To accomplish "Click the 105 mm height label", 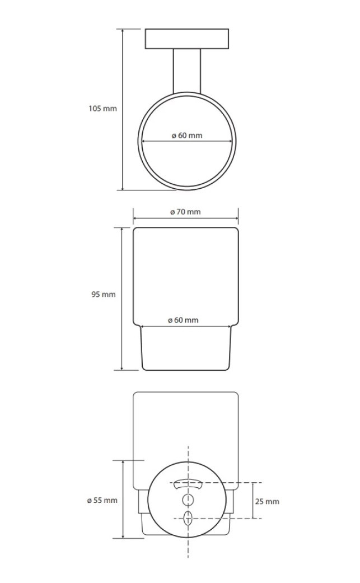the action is pyautogui.click(x=102, y=109).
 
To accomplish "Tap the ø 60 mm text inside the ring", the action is pyautogui.click(x=187, y=136).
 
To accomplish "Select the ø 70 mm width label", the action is pyautogui.click(x=185, y=212).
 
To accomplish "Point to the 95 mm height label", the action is pyautogui.click(x=104, y=295).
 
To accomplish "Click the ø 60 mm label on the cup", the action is pyautogui.click(x=183, y=320).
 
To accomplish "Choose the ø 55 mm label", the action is pyautogui.click(x=102, y=501).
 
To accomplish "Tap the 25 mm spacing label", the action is pyautogui.click(x=267, y=502).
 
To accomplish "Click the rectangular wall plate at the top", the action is pyautogui.click(x=187, y=38).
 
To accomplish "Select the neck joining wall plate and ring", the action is pyautogui.click(x=187, y=71).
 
